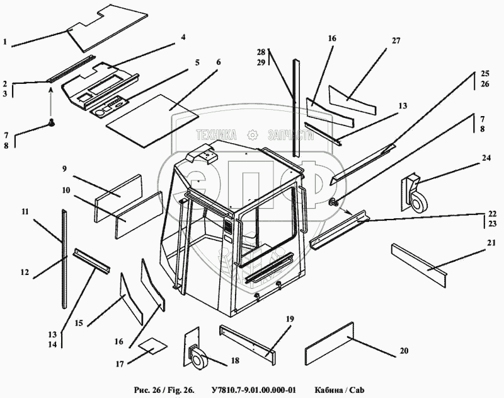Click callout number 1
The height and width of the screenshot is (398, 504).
pos(5,43)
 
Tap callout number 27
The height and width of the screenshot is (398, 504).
pos(396,41)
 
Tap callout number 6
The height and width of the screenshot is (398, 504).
pos(219,63)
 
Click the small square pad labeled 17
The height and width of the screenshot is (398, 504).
pos(152,346)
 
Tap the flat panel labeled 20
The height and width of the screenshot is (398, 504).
pos(330,344)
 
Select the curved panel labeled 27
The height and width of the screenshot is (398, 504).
pos(353,97)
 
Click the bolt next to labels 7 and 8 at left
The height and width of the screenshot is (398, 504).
pos(53,124)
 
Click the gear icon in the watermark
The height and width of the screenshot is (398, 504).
pos(253,134)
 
